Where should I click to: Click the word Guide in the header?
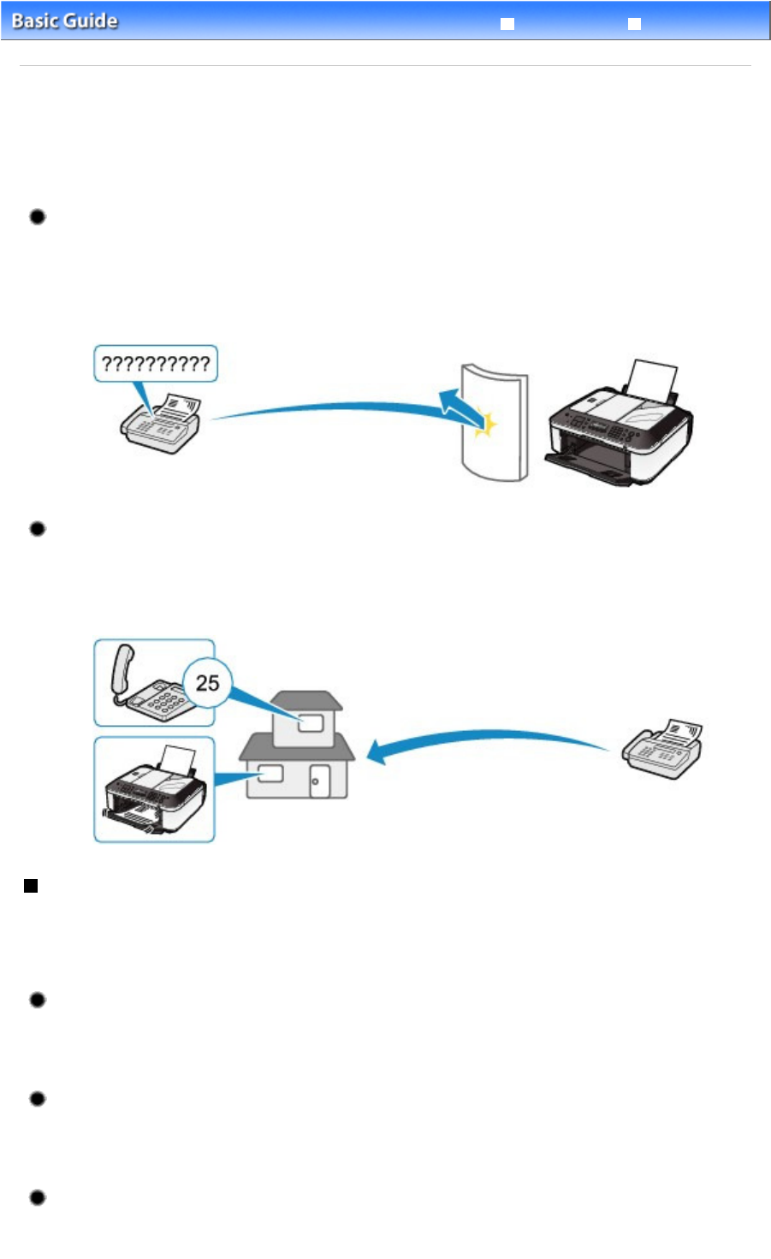point(91,21)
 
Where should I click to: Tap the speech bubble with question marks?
point(156,364)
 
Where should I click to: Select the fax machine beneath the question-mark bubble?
point(161,424)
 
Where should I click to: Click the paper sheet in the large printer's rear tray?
point(652,381)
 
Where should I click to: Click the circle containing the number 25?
point(207,683)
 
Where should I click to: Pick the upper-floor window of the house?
point(311,723)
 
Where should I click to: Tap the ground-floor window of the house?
point(270,774)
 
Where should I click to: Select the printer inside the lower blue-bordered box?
point(154,789)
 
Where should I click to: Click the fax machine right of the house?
point(662,749)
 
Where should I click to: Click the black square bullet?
point(31,886)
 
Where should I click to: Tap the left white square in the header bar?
point(507,24)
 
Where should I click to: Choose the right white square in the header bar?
point(634,24)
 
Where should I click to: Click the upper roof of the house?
point(306,701)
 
